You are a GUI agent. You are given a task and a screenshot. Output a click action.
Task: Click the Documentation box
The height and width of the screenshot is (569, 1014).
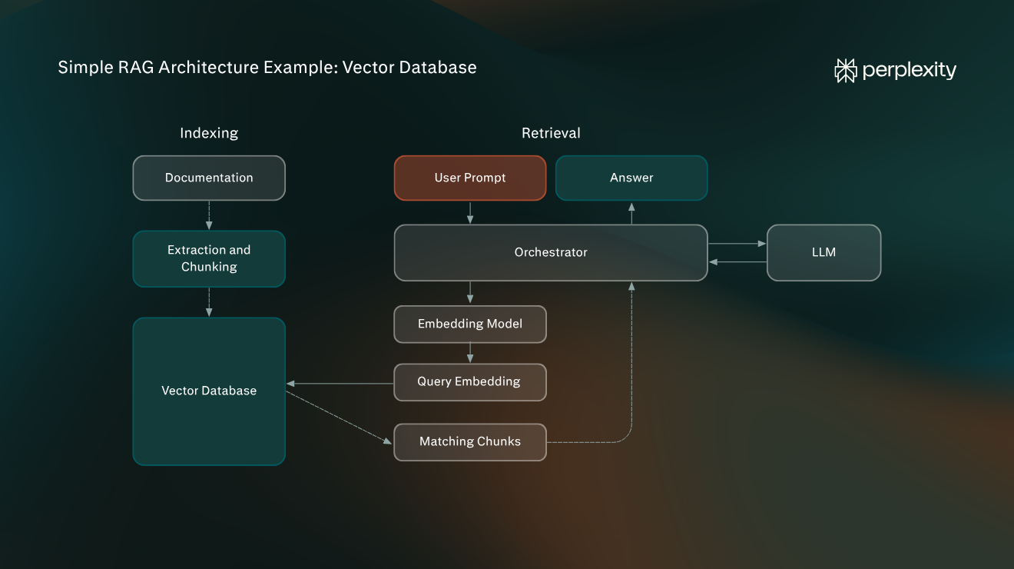click(x=209, y=178)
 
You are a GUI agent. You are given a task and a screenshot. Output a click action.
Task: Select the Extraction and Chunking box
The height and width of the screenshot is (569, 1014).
click(x=209, y=258)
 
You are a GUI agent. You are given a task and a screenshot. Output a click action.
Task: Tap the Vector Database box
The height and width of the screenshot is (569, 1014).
click(x=209, y=391)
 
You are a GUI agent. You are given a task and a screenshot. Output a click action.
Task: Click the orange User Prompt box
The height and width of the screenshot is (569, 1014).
click(x=470, y=178)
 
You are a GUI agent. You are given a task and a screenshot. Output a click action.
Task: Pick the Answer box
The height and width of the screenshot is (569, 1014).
click(x=631, y=178)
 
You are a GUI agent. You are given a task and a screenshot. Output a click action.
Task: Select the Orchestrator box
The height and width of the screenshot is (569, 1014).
click(x=551, y=253)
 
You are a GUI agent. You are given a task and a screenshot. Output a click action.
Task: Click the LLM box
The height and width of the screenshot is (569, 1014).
click(x=823, y=253)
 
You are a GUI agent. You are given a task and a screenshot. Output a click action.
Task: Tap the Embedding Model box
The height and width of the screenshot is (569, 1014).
click(x=470, y=324)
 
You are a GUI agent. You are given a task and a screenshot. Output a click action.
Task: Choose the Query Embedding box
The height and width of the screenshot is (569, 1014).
click(x=470, y=382)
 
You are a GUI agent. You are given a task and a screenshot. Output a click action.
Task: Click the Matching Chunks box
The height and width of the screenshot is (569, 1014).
click(x=470, y=442)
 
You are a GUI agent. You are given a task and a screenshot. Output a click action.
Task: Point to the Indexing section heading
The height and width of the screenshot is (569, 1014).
click(x=209, y=133)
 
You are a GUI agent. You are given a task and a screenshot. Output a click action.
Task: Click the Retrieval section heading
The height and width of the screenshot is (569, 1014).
click(x=551, y=133)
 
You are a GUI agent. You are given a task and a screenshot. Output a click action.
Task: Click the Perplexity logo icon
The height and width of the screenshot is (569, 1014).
click(x=846, y=71)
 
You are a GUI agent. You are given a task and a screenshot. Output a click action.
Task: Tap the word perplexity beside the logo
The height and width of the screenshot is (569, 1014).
click(x=910, y=71)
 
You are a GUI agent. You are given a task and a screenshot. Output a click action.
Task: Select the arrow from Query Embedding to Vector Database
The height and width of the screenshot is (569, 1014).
click(x=340, y=384)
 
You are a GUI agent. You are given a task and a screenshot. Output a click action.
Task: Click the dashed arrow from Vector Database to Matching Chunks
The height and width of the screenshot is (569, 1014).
click(x=339, y=418)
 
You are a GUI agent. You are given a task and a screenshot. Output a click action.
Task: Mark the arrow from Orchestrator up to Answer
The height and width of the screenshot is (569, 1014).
click(x=631, y=214)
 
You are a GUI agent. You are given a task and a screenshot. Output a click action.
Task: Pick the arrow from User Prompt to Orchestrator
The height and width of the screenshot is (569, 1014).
click(x=470, y=212)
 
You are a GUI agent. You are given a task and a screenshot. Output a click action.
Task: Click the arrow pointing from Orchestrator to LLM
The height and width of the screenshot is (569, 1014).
click(x=737, y=244)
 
